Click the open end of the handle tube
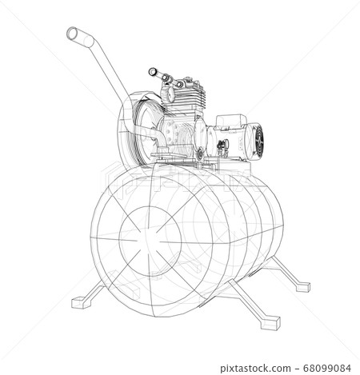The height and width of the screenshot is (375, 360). (70, 34)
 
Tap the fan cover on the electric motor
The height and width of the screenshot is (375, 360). (261, 141)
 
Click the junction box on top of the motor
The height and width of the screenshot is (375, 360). (229, 120)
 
